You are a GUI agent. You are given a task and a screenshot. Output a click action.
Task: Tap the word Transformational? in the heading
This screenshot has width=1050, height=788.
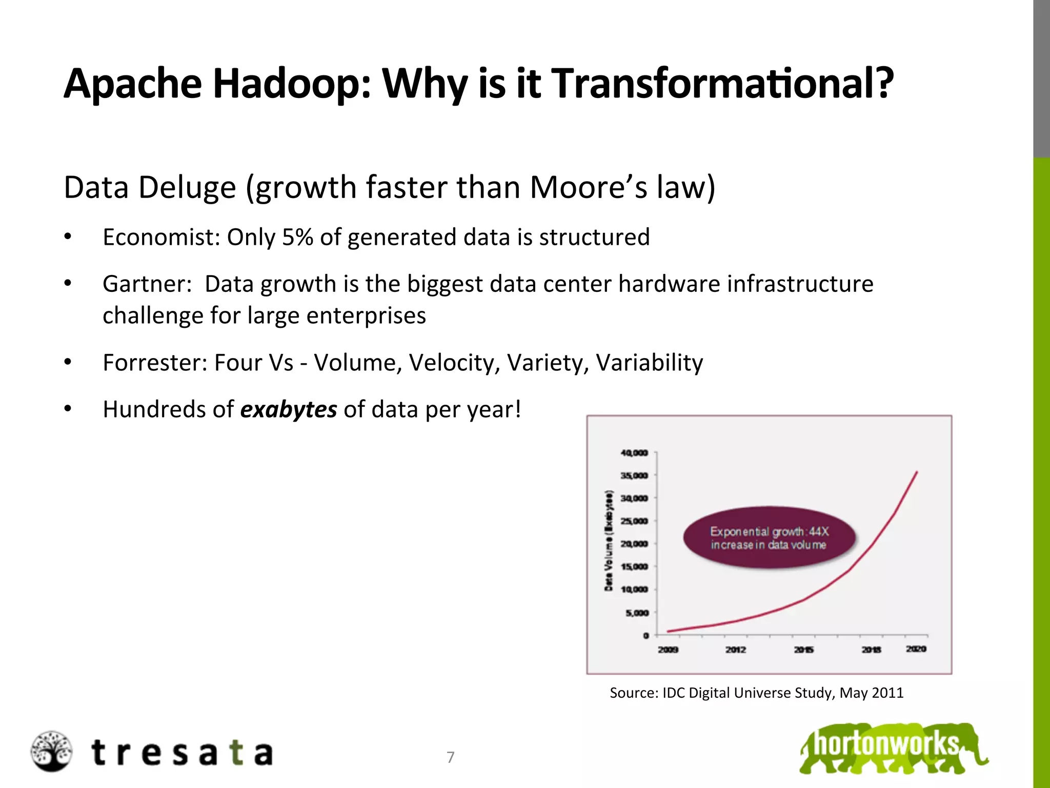click(721, 84)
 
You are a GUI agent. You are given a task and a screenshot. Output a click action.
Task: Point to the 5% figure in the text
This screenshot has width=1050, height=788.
click(297, 238)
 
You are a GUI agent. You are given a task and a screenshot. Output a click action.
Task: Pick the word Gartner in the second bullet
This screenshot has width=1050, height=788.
click(147, 284)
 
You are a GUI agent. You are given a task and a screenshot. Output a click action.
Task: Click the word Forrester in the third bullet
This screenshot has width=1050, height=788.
click(155, 363)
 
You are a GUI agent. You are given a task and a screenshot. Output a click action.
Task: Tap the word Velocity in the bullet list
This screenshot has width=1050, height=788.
click(454, 363)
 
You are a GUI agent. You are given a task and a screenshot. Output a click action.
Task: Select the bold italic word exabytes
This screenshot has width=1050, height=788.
click(289, 409)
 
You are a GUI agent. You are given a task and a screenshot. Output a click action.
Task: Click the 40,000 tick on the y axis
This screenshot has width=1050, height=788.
click(634, 453)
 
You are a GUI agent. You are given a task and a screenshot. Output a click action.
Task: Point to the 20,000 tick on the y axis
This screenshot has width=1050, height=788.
click(634, 544)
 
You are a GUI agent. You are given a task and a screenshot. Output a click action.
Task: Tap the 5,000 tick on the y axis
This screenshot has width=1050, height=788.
click(636, 613)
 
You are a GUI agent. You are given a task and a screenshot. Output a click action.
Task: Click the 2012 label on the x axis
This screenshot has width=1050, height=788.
click(735, 649)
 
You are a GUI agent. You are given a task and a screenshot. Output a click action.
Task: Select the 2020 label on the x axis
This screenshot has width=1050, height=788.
click(916, 649)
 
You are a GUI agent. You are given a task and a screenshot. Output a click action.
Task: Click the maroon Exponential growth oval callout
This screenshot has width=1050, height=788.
click(769, 538)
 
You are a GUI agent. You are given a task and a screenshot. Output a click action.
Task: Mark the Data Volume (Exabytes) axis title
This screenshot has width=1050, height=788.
click(609, 541)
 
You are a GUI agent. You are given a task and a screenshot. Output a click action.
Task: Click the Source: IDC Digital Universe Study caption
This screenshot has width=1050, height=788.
click(756, 693)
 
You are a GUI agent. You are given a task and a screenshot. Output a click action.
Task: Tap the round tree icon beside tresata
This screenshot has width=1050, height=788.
click(51, 752)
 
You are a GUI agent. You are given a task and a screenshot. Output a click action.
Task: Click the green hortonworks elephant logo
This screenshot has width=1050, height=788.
click(892, 748)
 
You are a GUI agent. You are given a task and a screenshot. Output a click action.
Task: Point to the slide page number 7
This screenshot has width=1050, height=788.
click(451, 757)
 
